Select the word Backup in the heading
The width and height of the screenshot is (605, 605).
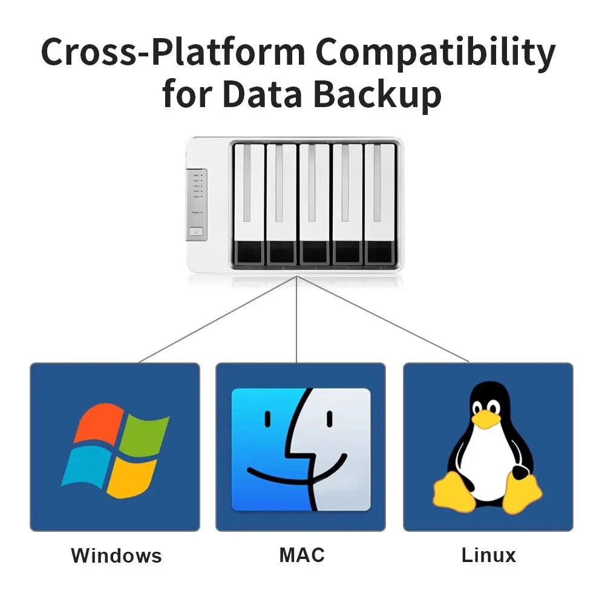[377, 96]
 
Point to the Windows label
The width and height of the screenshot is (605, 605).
[116, 555]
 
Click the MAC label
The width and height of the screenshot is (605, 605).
[302, 555]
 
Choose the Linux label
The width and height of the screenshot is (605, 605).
[488, 555]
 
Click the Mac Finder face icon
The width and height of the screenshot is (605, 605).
[301, 449]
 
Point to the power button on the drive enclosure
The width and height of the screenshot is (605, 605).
[197, 231]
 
